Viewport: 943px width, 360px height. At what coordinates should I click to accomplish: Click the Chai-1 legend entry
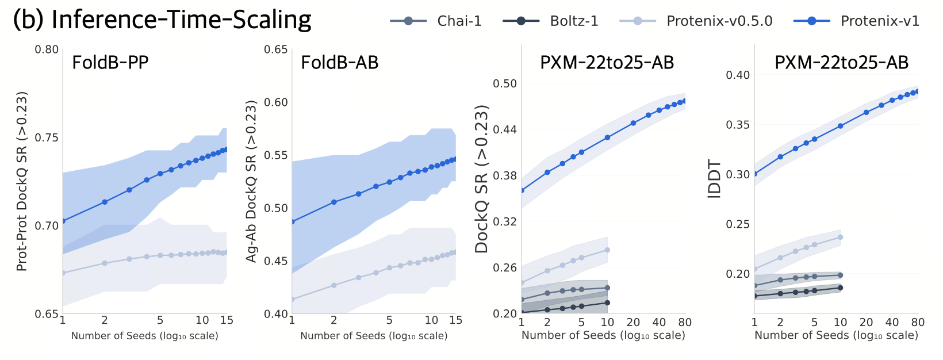click(459, 21)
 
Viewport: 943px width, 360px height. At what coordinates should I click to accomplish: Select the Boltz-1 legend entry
click(574, 21)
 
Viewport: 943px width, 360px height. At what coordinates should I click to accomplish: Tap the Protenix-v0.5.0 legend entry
click(719, 21)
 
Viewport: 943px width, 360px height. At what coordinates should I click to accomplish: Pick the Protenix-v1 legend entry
click(880, 21)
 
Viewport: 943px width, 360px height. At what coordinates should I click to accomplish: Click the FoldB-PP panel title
click(110, 62)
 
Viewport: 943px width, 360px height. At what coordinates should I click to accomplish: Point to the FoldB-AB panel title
click(340, 62)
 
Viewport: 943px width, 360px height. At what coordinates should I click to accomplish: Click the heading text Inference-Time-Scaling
click(181, 20)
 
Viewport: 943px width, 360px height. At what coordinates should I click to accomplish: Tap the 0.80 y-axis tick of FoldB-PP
click(47, 49)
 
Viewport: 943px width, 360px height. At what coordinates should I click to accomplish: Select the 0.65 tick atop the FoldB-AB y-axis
click(276, 49)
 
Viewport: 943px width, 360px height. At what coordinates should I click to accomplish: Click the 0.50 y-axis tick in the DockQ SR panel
click(505, 83)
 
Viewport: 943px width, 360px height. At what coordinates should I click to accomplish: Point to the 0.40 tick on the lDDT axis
click(738, 75)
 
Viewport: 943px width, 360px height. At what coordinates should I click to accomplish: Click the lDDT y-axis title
click(715, 179)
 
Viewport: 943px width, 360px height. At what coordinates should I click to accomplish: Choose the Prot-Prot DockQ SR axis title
click(22, 181)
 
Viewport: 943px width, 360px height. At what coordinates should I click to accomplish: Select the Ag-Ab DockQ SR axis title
click(251, 181)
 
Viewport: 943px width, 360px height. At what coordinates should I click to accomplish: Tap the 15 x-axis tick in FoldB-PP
click(227, 320)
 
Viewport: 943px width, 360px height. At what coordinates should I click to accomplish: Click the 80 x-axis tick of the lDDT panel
click(918, 322)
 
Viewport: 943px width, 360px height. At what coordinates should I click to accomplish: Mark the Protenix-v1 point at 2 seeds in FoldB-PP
click(105, 202)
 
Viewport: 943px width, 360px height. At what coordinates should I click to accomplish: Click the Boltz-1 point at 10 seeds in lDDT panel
click(840, 288)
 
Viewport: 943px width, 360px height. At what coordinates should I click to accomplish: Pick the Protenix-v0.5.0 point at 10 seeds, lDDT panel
click(840, 237)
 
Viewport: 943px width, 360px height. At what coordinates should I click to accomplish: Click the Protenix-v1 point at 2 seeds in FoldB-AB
click(333, 202)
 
